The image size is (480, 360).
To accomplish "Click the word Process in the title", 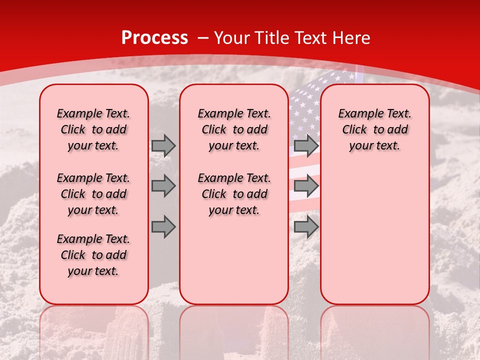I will tap(154, 38).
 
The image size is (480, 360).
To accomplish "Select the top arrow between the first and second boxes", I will tap(163, 145).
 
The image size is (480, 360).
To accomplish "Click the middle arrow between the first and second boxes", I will tap(163, 186).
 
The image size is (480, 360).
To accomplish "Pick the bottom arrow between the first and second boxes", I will tap(163, 227).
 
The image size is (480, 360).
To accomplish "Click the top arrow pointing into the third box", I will tap(306, 145).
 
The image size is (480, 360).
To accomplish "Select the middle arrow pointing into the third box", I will tap(306, 186).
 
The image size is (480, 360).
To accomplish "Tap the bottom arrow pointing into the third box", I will tap(306, 227).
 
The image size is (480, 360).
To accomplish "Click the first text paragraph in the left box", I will tap(93, 129).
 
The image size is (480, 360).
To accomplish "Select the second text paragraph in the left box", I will tap(93, 194).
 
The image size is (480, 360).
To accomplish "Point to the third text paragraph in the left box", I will tap(93, 255).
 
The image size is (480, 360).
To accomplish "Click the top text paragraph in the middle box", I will tap(234, 129).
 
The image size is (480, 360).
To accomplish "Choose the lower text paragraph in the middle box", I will tap(234, 194).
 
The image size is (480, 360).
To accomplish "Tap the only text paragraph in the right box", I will tap(374, 129).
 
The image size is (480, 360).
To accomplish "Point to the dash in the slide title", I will tap(203, 38).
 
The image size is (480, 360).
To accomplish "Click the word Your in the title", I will tap(232, 38).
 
